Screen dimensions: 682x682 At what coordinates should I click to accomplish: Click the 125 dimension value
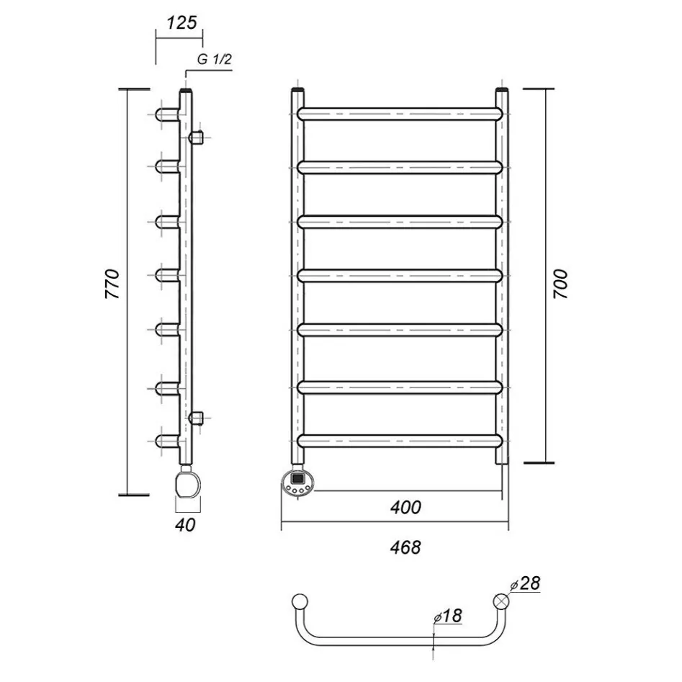[181, 22]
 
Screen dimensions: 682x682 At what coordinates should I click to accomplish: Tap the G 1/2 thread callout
[215, 59]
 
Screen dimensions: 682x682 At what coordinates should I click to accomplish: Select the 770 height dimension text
[112, 284]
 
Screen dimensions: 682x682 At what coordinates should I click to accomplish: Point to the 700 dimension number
[560, 284]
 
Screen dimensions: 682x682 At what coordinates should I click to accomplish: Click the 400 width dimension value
[405, 507]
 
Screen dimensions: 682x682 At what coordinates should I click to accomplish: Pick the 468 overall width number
[405, 547]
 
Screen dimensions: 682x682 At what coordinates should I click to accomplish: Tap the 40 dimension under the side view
[185, 525]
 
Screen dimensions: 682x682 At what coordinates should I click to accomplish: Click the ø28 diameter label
[525, 584]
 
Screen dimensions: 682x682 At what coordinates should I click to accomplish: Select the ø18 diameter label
[448, 616]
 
